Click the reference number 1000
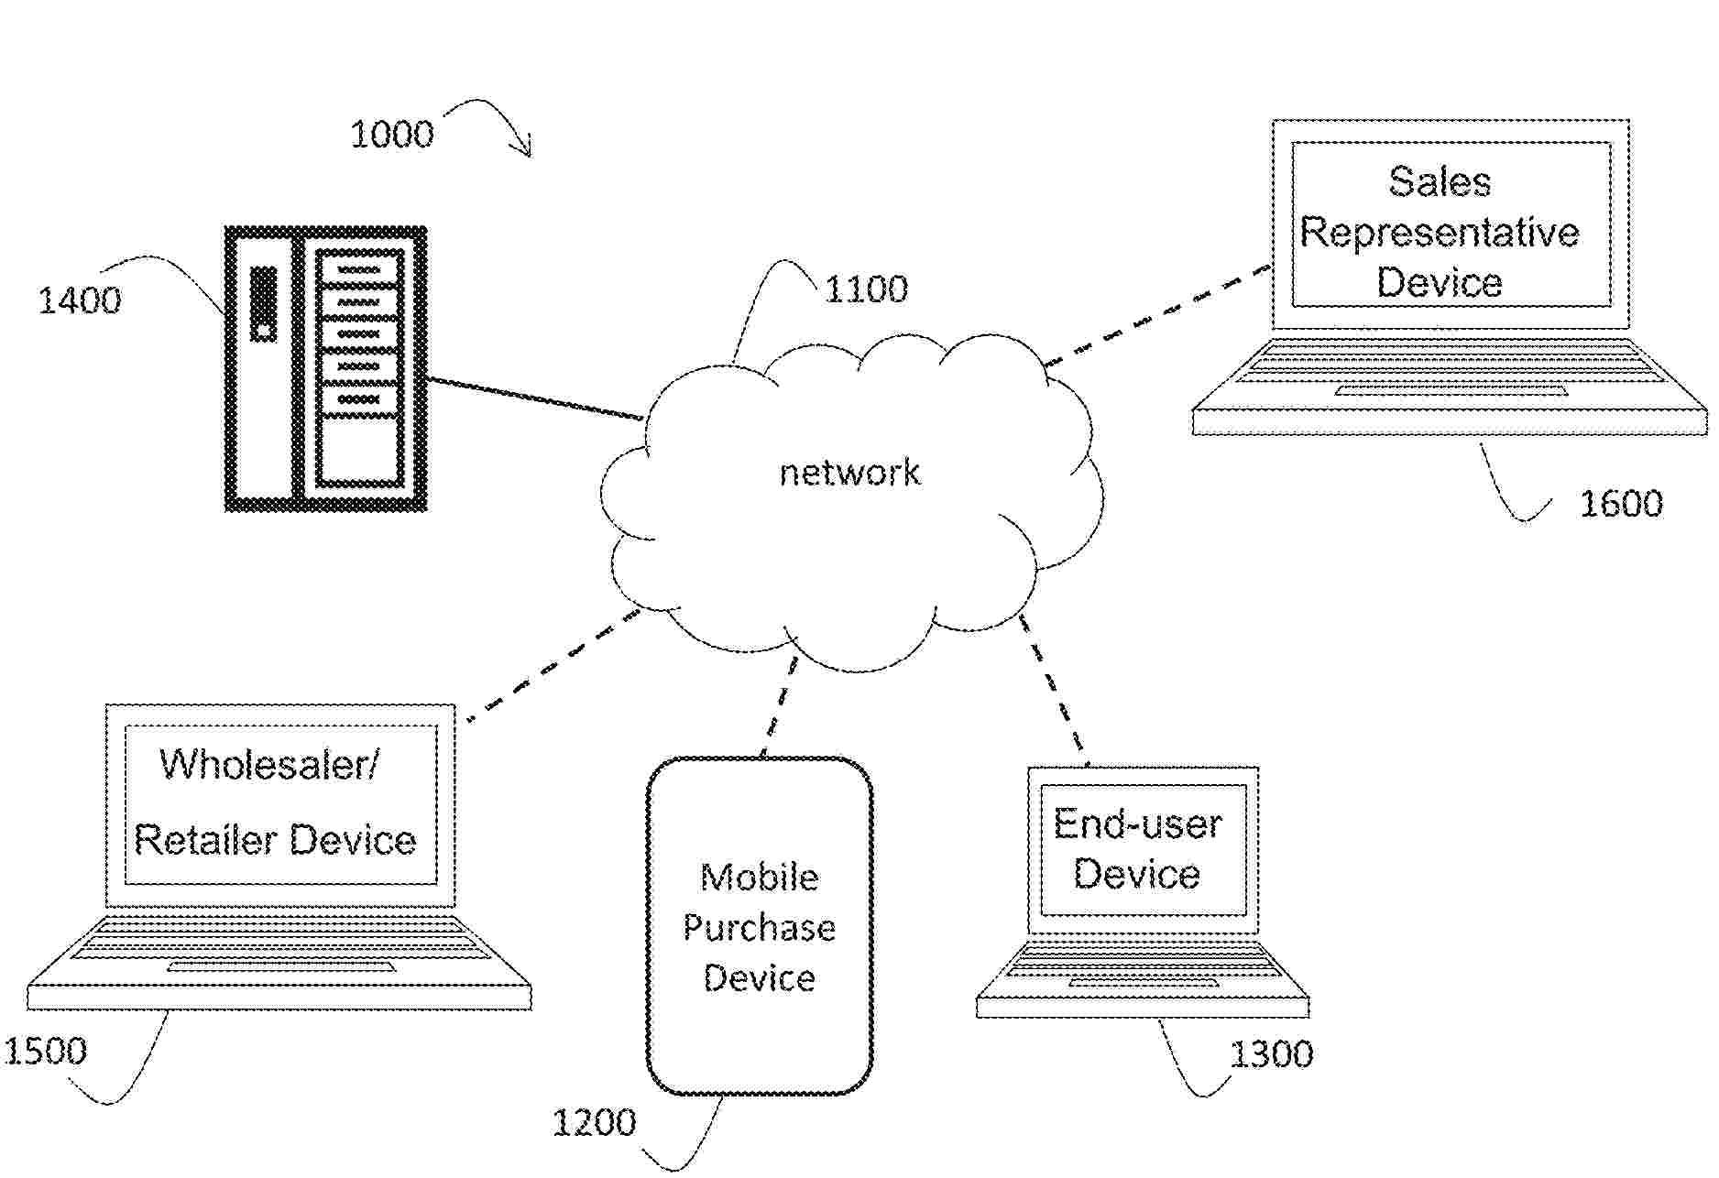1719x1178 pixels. pyautogui.click(x=392, y=136)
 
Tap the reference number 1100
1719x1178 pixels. pyautogui.click(x=866, y=289)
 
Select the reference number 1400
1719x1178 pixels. pyautogui.click(x=80, y=300)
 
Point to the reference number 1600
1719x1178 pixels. pyautogui.click(x=1621, y=504)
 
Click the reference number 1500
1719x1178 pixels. pyautogui.click(x=46, y=1051)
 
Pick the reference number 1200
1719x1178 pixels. pyautogui.click(x=594, y=1123)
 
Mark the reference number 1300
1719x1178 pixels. pyautogui.click(x=1271, y=1055)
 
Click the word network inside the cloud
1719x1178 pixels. pyautogui.click(x=849, y=473)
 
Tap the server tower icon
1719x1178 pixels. pyautogui.click(x=326, y=368)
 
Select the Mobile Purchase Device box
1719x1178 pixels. pyautogui.click(x=760, y=925)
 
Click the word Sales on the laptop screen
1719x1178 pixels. pyautogui.click(x=1440, y=181)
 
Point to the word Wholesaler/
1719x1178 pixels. pyautogui.click(x=268, y=764)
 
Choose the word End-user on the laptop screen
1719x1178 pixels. pyautogui.click(x=1137, y=824)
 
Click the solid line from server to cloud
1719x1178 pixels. pyautogui.click(x=536, y=398)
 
